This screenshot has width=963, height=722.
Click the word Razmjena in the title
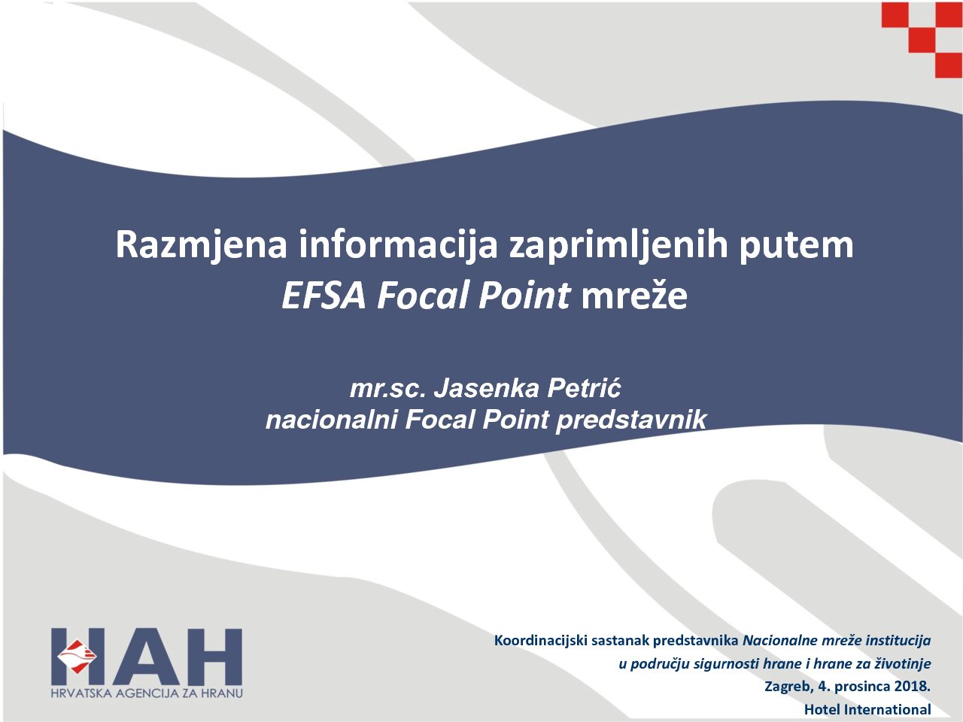click(201, 244)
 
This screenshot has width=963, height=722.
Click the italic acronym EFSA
click(324, 296)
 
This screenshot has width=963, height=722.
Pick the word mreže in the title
click(634, 295)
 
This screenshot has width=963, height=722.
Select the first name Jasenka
click(486, 388)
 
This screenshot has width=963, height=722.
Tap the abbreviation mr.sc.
click(387, 389)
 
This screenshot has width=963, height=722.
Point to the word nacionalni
click(332, 420)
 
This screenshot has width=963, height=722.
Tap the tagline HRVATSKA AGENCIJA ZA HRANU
click(147, 693)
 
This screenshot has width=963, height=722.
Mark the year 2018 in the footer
click(913, 686)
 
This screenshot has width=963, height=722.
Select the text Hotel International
click(867, 709)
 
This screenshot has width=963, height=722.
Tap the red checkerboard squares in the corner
click(922, 40)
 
